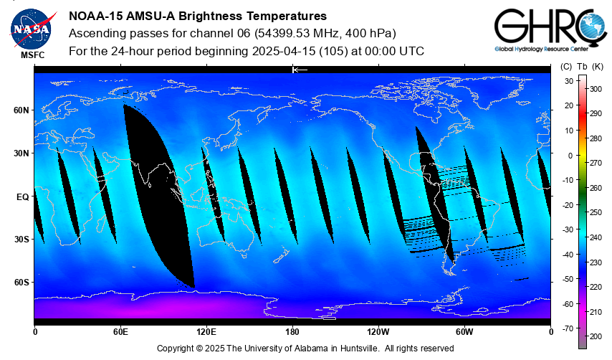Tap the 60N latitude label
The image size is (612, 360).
[21, 110]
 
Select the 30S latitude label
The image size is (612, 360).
[21, 239]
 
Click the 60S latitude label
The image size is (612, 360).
[21, 282]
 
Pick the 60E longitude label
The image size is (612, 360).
[120, 331]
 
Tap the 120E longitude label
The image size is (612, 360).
[206, 331]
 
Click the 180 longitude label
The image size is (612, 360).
[292, 331]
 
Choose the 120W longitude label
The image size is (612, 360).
[378, 331]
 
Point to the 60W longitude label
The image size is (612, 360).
[464, 331]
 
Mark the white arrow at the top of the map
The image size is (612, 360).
[300, 70]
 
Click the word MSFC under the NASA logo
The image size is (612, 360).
[32, 55]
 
